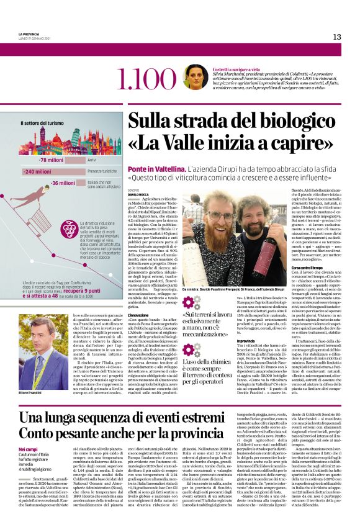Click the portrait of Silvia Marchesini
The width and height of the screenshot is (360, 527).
[x=195, y=76]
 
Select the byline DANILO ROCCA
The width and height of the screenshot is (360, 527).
[x=138, y=194]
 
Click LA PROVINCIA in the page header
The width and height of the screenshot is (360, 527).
[x=30, y=34]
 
